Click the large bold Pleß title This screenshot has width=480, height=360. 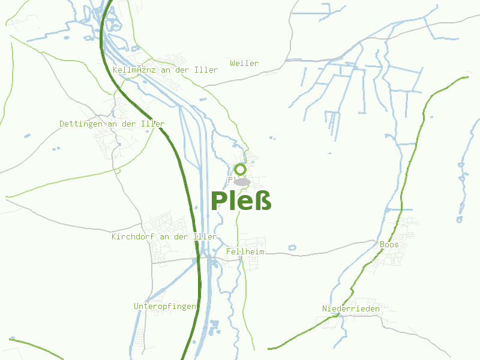[241, 200]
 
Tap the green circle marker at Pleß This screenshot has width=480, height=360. [241, 170]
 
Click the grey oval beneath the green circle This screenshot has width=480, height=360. [241, 182]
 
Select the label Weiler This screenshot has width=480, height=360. [244, 63]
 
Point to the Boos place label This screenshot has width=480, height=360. [389, 244]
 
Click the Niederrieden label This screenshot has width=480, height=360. [350, 308]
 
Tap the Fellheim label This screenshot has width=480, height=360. [245, 252]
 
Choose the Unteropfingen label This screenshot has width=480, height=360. [165, 306]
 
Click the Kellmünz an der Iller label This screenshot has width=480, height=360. [165, 70]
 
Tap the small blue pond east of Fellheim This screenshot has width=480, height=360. [292, 247]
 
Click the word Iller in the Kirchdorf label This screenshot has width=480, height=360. [205, 236]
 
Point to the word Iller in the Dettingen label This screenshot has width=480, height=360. [153, 124]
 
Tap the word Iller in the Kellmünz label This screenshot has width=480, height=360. [206, 70]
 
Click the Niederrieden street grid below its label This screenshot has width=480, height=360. [342, 321]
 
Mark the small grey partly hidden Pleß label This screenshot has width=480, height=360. [231, 179]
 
